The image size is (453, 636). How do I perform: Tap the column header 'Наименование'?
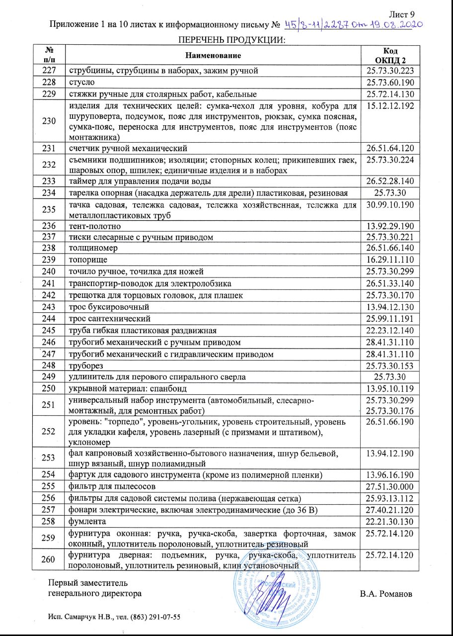click(214, 54)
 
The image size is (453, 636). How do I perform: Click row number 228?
click(49, 82)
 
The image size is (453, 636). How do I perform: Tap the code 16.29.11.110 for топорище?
click(390, 260)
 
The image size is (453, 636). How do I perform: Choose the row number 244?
click(49, 318)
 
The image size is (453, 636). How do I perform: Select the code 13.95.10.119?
click(390, 388)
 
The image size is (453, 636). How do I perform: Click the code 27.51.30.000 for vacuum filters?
click(390, 486)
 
